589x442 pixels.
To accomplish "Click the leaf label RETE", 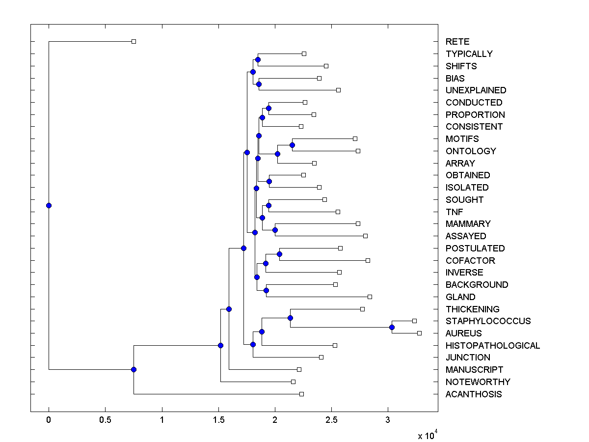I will point(457,42).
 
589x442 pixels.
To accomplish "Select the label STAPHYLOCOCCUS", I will point(488,321).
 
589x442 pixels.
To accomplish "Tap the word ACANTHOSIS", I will point(474,394).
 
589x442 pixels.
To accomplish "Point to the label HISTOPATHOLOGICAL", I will point(493,346).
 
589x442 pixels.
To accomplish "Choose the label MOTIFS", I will point(462,139).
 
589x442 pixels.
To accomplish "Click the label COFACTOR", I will point(470,261).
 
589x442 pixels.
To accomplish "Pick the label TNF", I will point(454,212).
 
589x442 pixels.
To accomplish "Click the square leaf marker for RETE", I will point(134,42).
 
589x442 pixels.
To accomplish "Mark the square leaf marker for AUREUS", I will point(419,333).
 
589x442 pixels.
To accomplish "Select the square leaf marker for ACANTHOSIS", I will point(301,394).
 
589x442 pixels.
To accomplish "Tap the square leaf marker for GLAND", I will point(370,297).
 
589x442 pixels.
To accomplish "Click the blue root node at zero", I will point(49,205).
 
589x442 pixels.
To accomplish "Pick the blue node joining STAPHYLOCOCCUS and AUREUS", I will point(392,327).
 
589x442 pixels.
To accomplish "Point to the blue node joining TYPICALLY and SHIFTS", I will point(258,60).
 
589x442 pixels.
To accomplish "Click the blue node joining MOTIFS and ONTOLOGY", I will point(292,145).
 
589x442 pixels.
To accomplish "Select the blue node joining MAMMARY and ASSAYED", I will point(275,230).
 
